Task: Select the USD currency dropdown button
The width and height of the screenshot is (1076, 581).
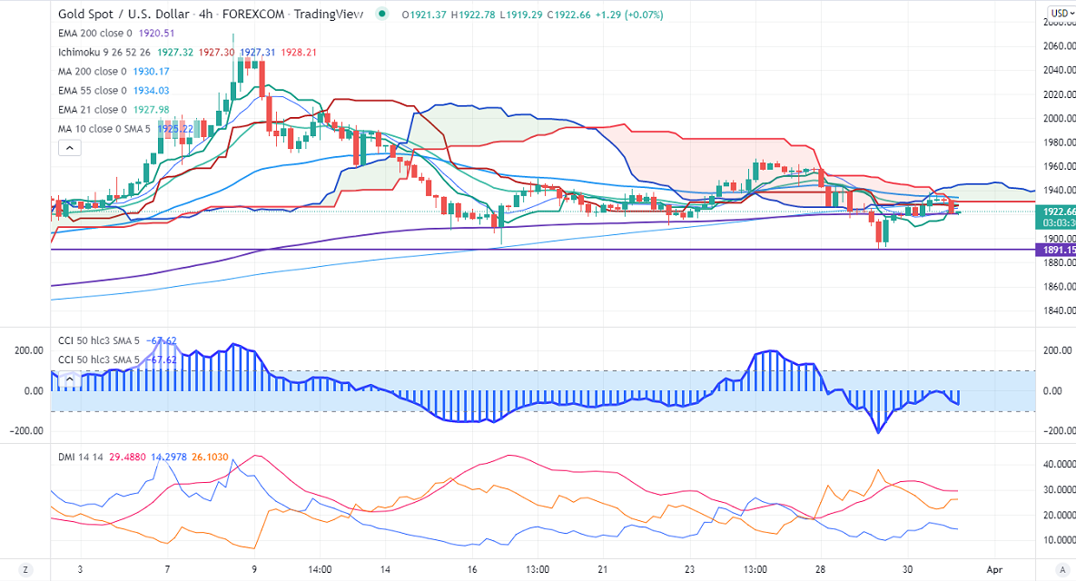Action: pos(1059,13)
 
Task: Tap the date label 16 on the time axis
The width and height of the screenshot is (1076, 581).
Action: pos(472,569)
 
